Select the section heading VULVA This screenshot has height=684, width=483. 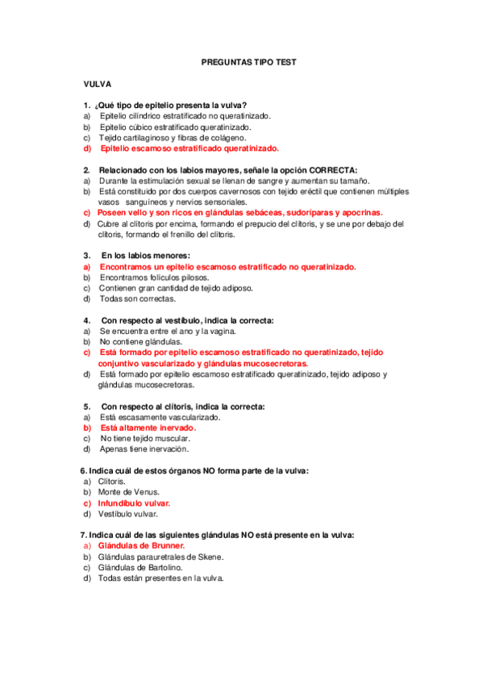point(97,84)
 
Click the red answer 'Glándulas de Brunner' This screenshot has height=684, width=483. point(141,545)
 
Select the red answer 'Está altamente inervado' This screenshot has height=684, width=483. point(148,427)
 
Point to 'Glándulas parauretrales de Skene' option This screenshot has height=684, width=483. point(160,557)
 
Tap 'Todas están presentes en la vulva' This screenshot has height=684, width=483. point(160,578)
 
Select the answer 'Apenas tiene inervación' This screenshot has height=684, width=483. point(144,448)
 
